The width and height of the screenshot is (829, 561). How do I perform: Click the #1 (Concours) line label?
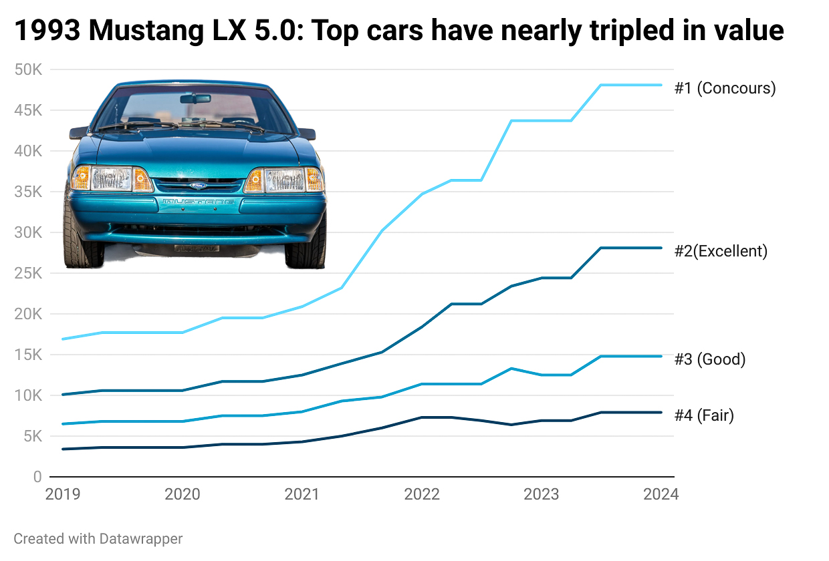coord(725,88)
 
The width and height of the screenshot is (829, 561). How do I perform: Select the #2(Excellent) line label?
coord(721,251)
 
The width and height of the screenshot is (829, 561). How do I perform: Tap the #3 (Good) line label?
coord(709,359)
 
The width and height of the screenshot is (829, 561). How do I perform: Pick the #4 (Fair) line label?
coord(704,415)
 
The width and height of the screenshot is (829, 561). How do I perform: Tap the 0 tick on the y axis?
coord(37,477)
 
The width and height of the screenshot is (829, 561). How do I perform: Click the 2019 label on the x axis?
coord(62,495)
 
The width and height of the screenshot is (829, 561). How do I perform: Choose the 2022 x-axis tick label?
coord(422,495)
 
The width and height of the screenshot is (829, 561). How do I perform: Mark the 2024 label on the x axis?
coord(661,495)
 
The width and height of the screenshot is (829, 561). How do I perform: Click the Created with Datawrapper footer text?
coord(98,538)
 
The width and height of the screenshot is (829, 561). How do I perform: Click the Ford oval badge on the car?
coord(199,186)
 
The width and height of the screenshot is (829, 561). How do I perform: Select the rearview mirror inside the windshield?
coord(195,99)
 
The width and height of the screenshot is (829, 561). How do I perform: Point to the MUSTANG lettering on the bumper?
coord(199,201)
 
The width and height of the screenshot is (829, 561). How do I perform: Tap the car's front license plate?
coord(197,248)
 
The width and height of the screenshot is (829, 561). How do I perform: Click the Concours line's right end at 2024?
coord(661,85)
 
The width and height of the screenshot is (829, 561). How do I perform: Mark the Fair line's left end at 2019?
coord(63,449)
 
